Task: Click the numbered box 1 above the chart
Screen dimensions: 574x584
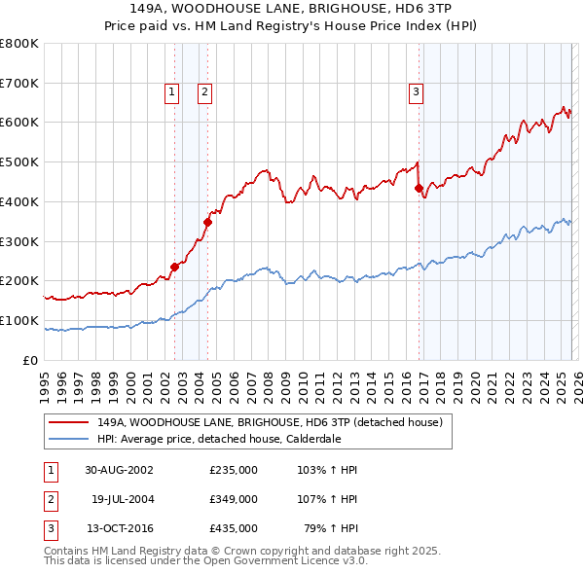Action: (x=171, y=92)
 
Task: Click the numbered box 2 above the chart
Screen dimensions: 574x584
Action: (x=205, y=92)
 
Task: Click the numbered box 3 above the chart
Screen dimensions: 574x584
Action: (x=416, y=92)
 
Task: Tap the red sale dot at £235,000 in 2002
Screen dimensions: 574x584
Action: (x=175, y=267)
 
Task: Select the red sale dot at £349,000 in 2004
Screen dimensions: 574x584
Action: (x=207, y=222)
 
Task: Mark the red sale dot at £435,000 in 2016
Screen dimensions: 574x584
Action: (x=419, y=188)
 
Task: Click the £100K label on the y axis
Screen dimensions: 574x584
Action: (x=19, y=320)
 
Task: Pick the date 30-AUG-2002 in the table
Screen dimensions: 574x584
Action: (x=119, y=470)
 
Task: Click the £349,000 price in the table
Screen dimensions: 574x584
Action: (x=234, y=499)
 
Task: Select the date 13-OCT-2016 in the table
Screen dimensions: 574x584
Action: (x=119, y=528)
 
